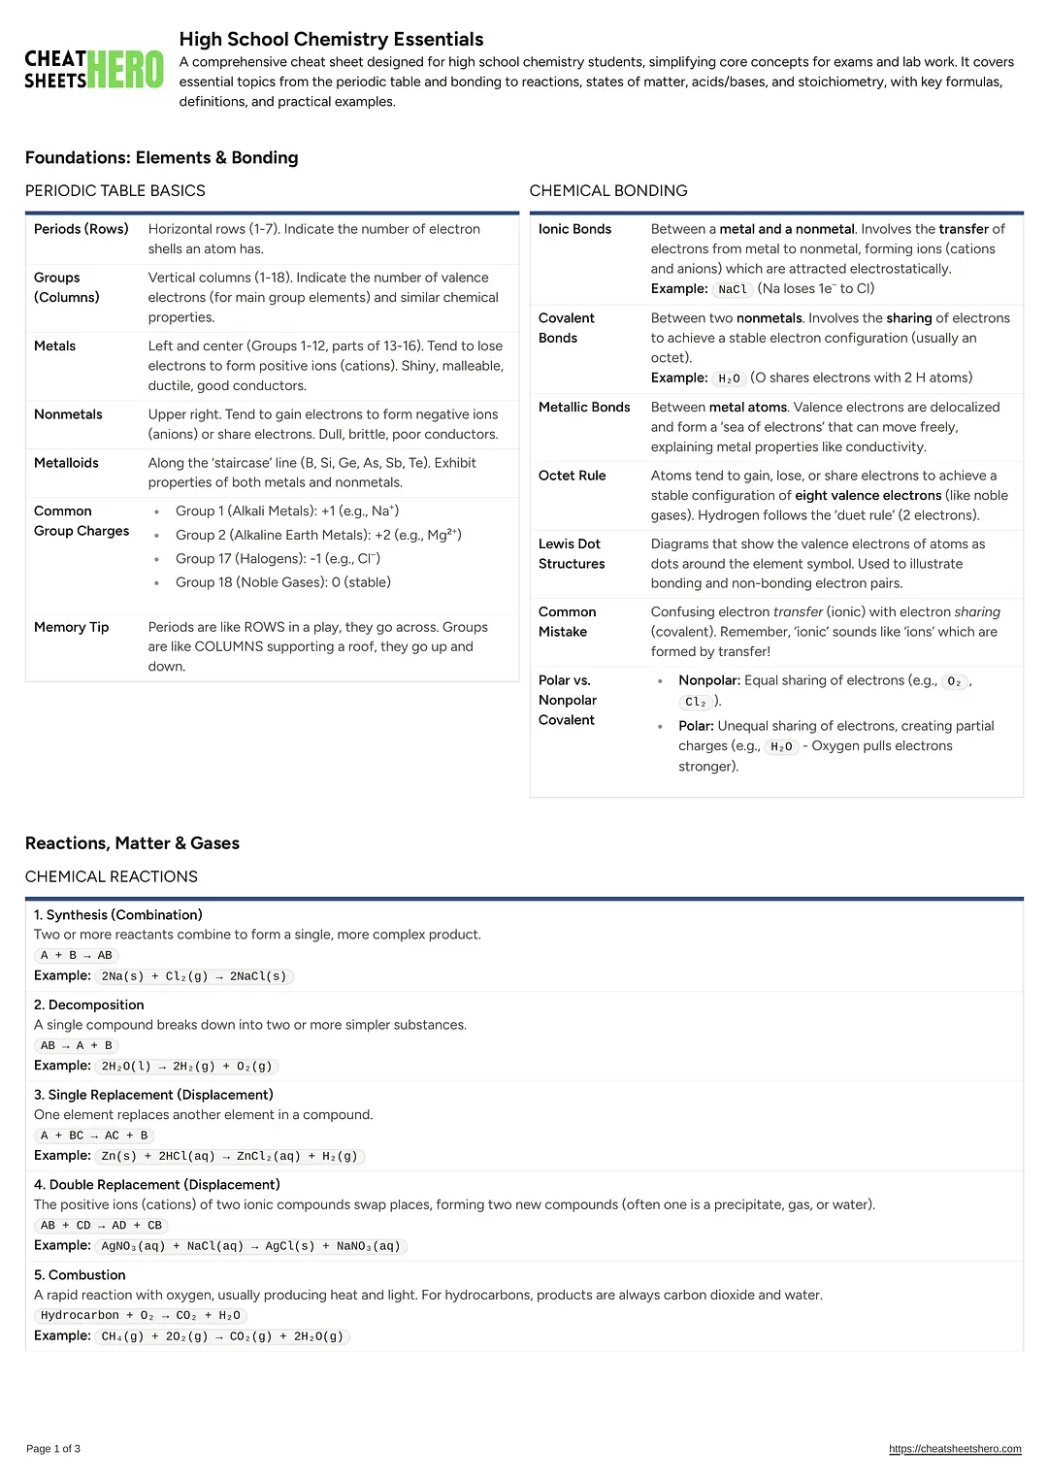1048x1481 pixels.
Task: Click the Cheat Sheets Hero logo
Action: [x=94, y=70]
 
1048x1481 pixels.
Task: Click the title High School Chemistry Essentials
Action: [x=331, y=39]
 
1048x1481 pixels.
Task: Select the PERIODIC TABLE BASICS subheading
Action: [x=115, y=191]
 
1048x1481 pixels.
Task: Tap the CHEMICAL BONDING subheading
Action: [x=608, y=191]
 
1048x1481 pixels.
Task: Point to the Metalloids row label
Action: [x=66, y=463]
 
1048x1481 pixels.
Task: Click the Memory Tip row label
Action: [x=71, y=627]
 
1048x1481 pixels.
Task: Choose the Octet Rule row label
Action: [x=572, y=476]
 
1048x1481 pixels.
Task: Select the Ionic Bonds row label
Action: [x=574, y=229]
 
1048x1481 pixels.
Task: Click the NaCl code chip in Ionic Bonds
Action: [x=733, y=289]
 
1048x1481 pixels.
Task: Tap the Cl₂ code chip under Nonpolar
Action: [x=696, y=702]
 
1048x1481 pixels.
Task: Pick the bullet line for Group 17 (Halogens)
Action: [x=278, y=559]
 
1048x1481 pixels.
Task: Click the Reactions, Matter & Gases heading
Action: [x=132, y=843]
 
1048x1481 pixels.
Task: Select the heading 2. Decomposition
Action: [x=89, y=1004]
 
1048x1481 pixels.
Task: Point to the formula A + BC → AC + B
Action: [x=94, y=1135]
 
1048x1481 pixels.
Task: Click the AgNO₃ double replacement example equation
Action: [x=250, y=1246]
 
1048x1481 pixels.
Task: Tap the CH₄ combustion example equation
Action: [x=222, y=1336]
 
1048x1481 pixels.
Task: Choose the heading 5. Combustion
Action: [x=80, y=1275]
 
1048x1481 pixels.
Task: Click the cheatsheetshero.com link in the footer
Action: [x=955, y=1449]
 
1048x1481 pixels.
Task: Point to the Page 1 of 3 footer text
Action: [x=53, y=1449]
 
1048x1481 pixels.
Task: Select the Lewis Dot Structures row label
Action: [x=572, y=553]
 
